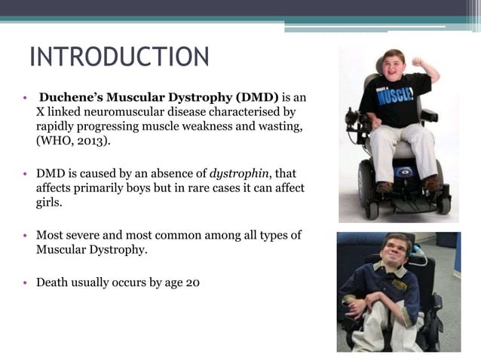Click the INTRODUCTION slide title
119,56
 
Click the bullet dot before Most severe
26,236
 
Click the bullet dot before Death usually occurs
26,284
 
